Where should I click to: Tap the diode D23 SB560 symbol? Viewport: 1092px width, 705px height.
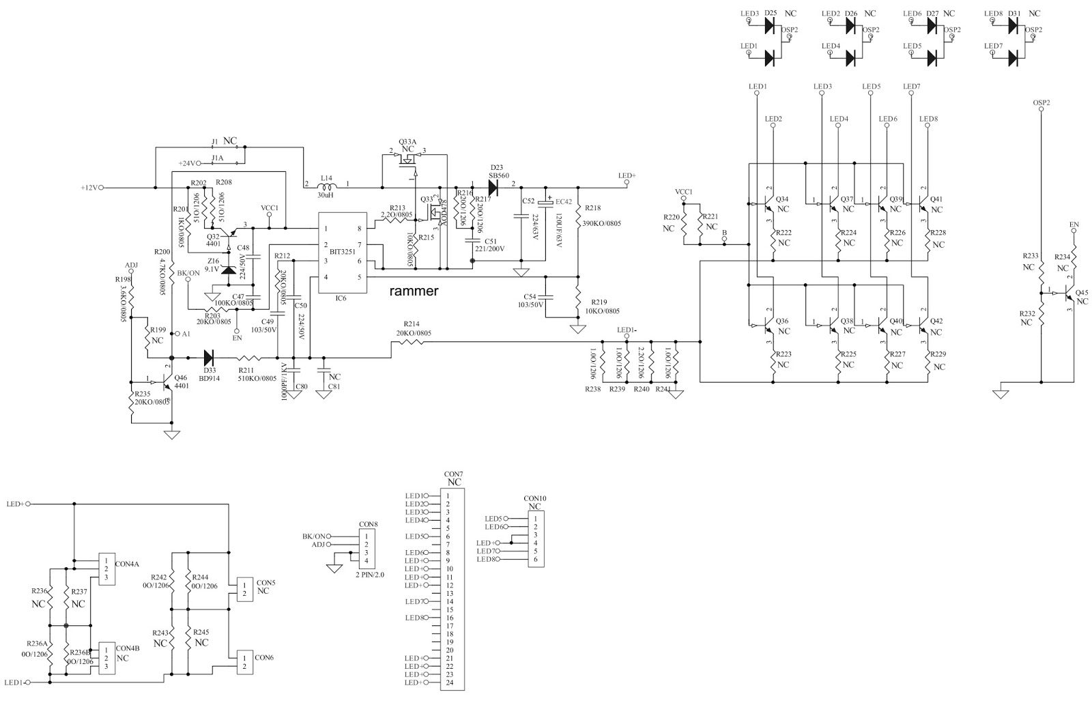pyautogui.click(x=493, y=186)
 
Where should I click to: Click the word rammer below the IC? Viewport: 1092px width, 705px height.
pyautogui.click(x=414, y=291)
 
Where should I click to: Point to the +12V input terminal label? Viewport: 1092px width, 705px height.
pyautogui.click(x=89, y=187)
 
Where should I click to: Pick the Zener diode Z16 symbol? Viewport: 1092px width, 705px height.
pyautogui.click(x=229, y=269)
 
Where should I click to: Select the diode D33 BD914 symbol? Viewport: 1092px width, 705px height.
pyautogui.click(x=210, y=357)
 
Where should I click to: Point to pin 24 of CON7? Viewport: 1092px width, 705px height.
pyautogui.click(x=448, y=682)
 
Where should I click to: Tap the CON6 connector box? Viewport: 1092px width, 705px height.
pyautogui.click(x=243, y=662)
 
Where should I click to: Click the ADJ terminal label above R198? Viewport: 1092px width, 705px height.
pyautogui.click(x=132, y=265)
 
